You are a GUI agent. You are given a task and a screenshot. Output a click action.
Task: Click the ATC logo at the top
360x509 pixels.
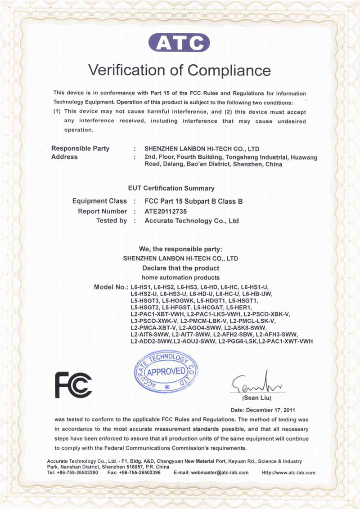pyautogui.click(x=179, y=43)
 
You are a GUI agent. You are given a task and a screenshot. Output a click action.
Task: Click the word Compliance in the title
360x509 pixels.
pyautogui.click(x=229, y=70)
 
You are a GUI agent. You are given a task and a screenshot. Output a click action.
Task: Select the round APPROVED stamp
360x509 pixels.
pyautogui.click(x=166, y=371)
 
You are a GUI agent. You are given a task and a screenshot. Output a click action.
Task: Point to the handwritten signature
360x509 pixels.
pyautogui.click(x=255, y=384)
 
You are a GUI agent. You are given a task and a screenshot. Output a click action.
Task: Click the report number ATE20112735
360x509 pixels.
pyautogui.click(x=166, y=211)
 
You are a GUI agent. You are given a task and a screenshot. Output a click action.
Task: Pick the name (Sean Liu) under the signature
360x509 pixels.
pyautogui.click(x=257, y=398)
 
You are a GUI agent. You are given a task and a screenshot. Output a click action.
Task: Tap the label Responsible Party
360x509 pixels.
pyautogui.click(x=80, y=148)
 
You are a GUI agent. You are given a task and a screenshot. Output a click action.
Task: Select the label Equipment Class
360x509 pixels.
pyautogui.click(x=99, y=201)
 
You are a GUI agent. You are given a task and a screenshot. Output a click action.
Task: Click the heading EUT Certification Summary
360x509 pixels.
pyautogui.click(x=171, y=188)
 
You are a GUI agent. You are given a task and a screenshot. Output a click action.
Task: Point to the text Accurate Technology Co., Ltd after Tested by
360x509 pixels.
pyautogui.click(x=191, y=221)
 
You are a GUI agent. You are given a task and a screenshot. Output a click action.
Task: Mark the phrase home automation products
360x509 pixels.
pyautogui.click(x=180, y=277)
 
